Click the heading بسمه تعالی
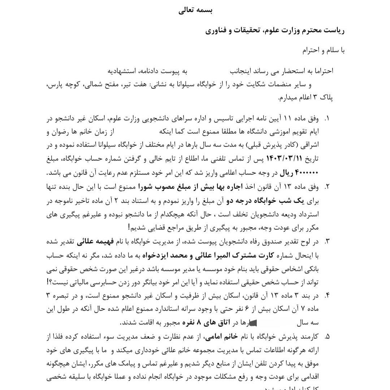tap(195, 10)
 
